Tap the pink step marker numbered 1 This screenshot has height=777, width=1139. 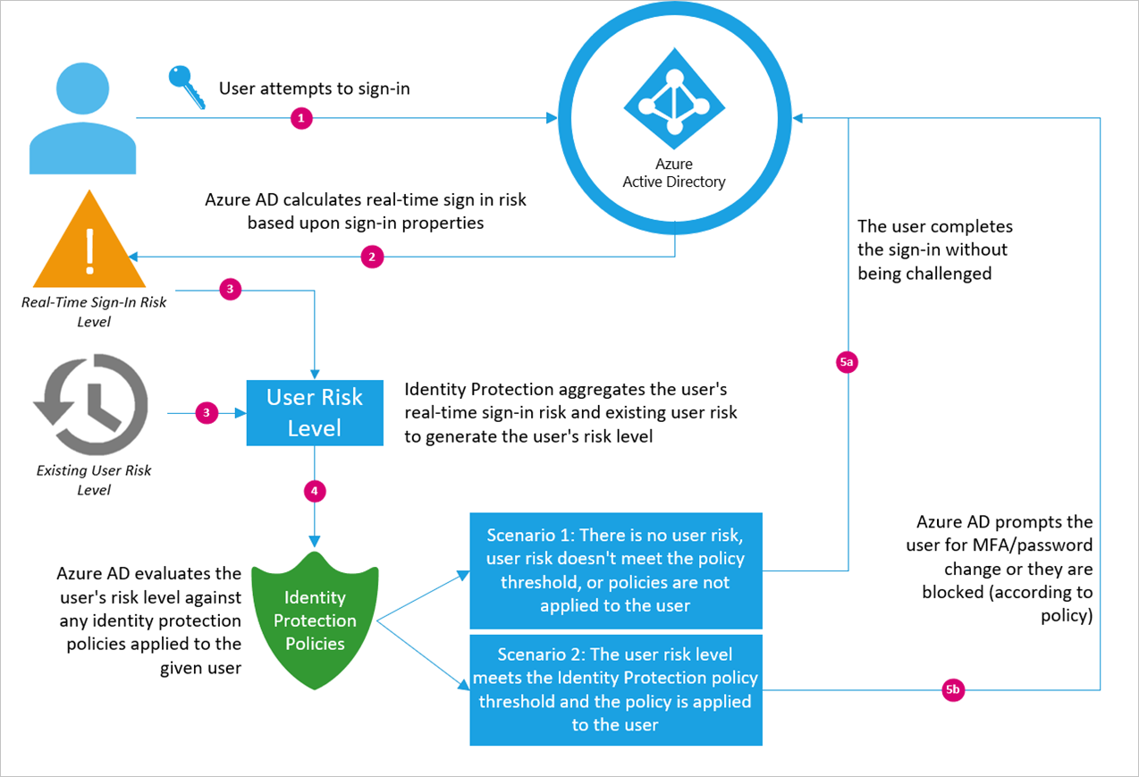point(301,118)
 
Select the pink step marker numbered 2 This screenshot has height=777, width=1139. point(372,257)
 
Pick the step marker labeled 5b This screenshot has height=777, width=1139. point(954,690)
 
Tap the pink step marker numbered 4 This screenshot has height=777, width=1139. point(315,490)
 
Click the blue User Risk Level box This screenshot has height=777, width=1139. point(315,412)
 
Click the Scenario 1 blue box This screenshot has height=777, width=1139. point(616,570)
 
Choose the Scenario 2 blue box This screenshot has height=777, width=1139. point(616,690)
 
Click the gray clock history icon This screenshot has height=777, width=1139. point(90,405)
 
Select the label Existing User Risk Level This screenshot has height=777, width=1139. point(94,480)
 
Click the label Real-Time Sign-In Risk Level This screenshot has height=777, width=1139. point(94,311)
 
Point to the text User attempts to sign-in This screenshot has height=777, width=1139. point(315,89)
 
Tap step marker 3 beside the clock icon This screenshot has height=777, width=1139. point(207,412)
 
